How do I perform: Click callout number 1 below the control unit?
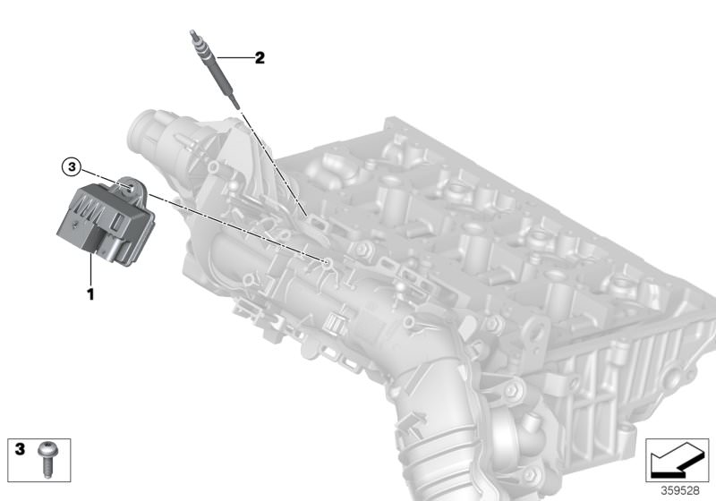tap(89, 293)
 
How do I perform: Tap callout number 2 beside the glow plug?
tap(260, 59)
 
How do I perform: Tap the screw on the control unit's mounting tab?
tap(129, 187)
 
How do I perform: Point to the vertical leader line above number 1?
tap(91, 268)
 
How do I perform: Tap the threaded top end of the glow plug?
tap(192, 37)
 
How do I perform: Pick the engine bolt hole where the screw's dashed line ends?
tap(328, 262)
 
